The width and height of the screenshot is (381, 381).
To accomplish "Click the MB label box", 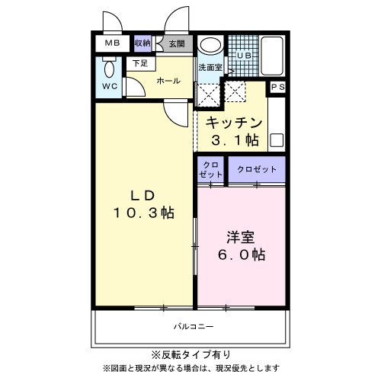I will coord(112,44).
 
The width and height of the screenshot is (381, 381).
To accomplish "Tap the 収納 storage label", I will coord(142,44).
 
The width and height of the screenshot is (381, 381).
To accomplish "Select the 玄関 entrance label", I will coord(176,44).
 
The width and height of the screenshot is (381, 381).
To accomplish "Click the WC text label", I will coord(110,87).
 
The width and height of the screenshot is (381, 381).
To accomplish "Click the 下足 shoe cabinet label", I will coord(139,64).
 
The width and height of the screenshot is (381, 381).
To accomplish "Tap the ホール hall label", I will coord(168,80).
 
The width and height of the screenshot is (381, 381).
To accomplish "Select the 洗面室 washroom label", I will coord(210,67).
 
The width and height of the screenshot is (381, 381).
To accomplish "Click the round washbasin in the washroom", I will coord(209,46).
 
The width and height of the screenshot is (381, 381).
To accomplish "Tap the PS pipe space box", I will coord(277,88).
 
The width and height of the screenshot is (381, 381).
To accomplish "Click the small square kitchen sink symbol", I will coord(276,140).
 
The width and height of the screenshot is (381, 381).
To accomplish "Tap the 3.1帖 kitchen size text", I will coord(235,140).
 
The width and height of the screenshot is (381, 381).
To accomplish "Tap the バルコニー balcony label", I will coord(193,327).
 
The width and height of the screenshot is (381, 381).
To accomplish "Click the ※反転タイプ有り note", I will coord(190,354).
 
